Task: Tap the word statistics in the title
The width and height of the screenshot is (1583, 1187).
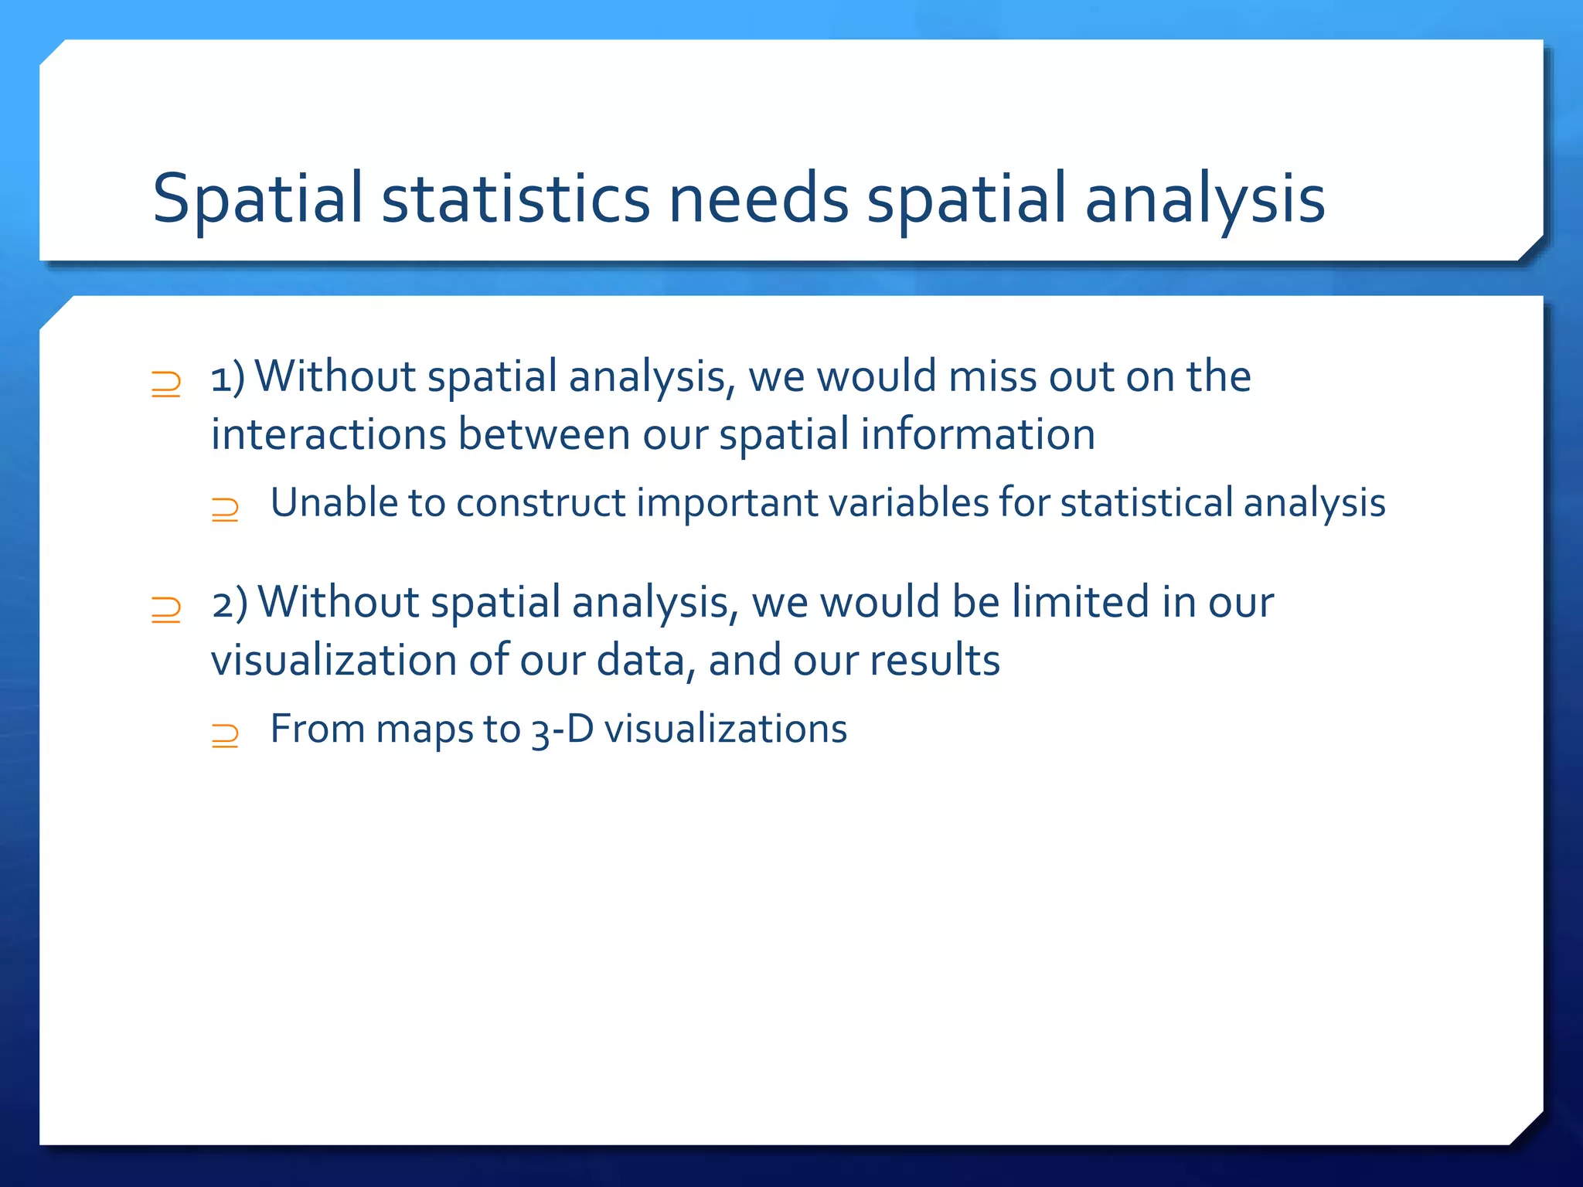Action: (x=516, y=199)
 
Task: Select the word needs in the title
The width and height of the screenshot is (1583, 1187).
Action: (x=758, y=199)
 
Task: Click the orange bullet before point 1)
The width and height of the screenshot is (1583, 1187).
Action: (x=166, y=384)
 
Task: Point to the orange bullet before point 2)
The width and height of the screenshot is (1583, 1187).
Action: (x=166, y=610)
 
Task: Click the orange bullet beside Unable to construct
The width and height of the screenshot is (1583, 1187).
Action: (x=225, y=509)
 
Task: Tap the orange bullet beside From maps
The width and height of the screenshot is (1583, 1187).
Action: (x=225, y=735)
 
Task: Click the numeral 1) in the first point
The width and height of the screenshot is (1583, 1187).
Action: (x=228, y=378)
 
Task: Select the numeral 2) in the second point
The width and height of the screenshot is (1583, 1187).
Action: (x=230, y=604)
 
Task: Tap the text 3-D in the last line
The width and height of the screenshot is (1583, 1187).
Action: (x=562, y=730)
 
